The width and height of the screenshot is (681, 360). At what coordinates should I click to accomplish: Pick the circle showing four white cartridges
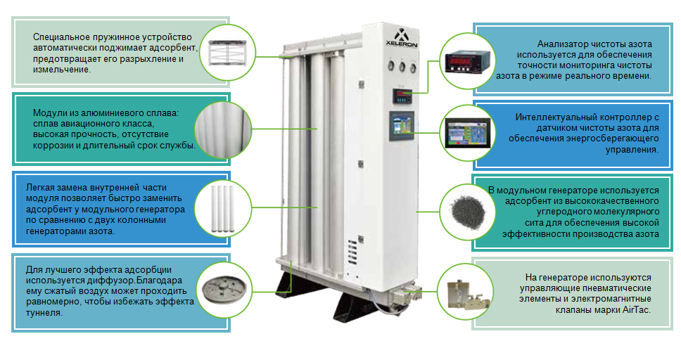(226, 209)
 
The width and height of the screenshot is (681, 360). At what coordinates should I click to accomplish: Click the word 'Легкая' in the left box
(41, 188)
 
